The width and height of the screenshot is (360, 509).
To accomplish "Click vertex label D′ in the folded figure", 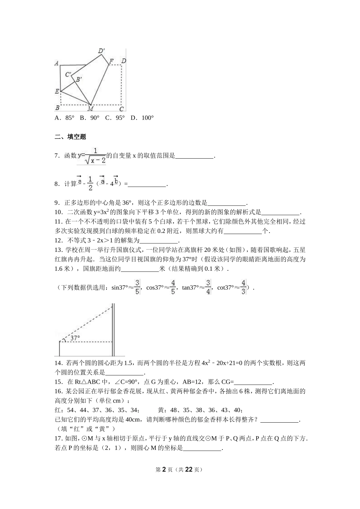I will [x=101, y=51].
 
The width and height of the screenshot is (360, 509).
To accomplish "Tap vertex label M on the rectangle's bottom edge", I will [x=90, y=109].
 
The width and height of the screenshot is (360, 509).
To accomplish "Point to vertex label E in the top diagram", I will [x=57, y=91].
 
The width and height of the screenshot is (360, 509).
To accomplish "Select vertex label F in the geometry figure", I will [x=111, y=61].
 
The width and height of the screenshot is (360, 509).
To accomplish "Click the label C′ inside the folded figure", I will [x=68, y=75].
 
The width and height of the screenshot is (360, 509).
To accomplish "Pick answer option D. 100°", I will [x=142, y=118].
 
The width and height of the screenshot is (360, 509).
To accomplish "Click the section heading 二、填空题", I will [x=70, y=137].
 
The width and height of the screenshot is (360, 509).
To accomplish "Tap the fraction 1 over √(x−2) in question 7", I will [x=95, y=156].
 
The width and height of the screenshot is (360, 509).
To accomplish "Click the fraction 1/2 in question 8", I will [x=90, y=183].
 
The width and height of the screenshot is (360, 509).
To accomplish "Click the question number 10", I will [x=58, y=212].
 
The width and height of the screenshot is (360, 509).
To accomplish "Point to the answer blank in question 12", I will [x=159, y=240].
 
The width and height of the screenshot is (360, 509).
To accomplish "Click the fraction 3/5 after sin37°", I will [x=137, y=287].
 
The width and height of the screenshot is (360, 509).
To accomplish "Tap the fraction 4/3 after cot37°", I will [x=243, y=287].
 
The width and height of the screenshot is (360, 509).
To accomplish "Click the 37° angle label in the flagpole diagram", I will [x=75, y=338].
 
